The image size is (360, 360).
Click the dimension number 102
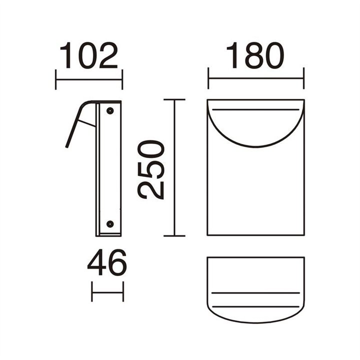tap(89, 55)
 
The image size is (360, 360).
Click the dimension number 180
tap(255, 55)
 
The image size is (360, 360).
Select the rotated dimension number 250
tap(151, 169)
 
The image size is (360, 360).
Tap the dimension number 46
tap(107, 262)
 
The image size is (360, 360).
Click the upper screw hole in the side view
tap(110, 111)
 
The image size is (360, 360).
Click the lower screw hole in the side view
tap(110, 224)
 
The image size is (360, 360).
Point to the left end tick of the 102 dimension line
tap(56, 79)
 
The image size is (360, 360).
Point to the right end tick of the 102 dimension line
tap(122, 79)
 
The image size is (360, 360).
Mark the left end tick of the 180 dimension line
tap(208, 78)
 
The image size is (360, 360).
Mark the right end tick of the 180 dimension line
tap(304, 78)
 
